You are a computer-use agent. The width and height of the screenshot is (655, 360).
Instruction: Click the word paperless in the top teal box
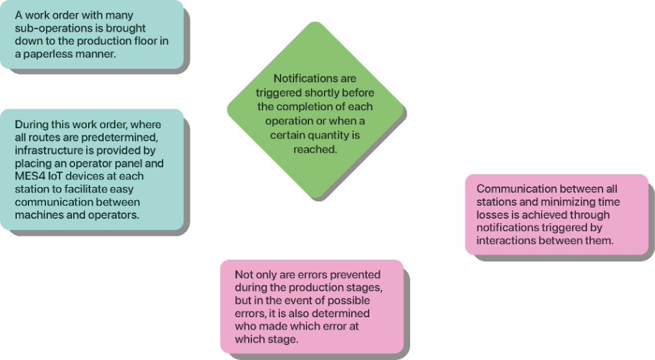48,54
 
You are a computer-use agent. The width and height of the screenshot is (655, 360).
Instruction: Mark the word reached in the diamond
315,150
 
